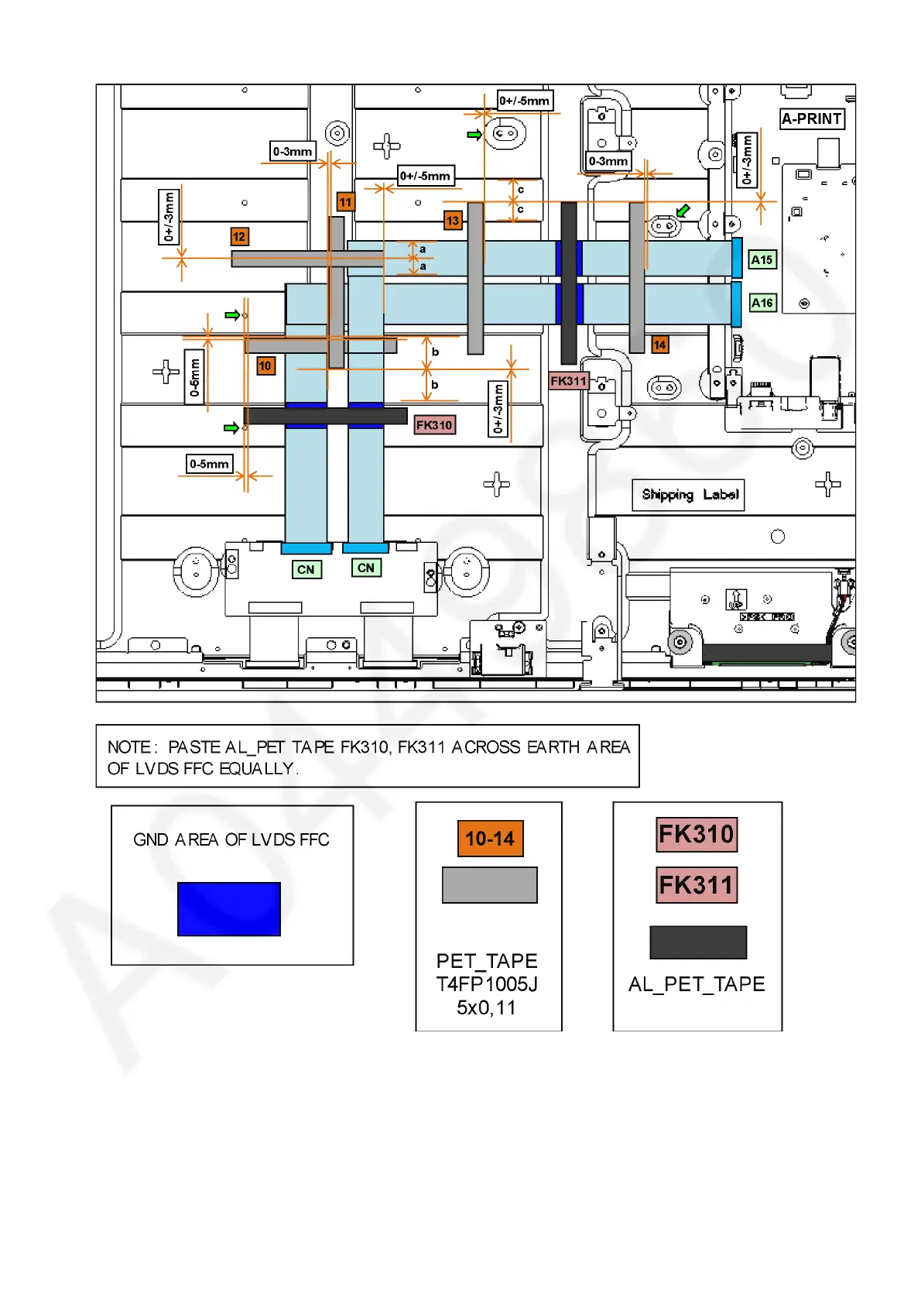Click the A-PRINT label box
(811, 118)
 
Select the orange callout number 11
(345, 202)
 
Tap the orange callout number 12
(239, 237)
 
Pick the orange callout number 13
(452, 221)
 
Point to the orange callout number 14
(659, 345)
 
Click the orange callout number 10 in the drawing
(265, 365)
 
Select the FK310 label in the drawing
(434, 425)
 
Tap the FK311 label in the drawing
(569, 381)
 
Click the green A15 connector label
(762, 260)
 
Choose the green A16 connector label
(762, 303)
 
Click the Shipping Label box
(689, 495)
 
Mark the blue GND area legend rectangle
(229, 909)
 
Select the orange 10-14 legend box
(490, 839)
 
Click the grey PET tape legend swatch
(489, 885)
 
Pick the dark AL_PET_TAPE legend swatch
(698, 942)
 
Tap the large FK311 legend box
(697, 885)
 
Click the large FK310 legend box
(697, 835)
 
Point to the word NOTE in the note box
(130, 747)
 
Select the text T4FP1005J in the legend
(487, 984)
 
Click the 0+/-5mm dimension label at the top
(524, 101)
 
